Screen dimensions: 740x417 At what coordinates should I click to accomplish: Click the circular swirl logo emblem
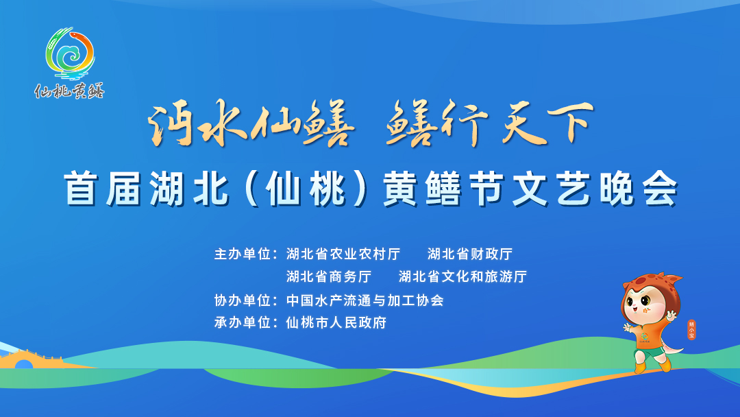pos(71,53)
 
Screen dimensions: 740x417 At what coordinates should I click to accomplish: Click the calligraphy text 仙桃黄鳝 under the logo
pos(69,91)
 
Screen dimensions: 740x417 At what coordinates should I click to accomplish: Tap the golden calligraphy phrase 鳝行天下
pos(490,123)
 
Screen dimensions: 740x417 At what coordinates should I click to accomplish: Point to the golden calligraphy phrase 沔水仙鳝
pos(251,123)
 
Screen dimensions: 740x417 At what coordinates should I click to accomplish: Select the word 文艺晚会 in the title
pos(595,189)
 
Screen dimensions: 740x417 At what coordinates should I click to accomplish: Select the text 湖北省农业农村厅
pos(343,254)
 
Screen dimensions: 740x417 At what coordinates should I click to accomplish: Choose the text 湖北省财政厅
pos(470,254)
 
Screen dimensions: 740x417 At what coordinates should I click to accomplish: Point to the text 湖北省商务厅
pos(328,276)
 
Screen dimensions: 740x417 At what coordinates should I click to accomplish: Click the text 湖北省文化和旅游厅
pos(463,276)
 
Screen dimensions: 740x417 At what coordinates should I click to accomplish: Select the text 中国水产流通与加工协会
pos(365,300)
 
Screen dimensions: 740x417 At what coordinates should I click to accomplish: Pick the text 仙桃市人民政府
pos(336,322)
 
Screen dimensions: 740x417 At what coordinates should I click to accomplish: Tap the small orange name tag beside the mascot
pos(691,330)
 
